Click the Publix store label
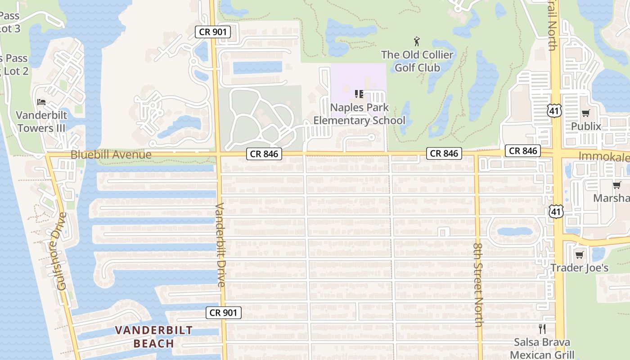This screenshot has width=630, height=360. tap(586, 126)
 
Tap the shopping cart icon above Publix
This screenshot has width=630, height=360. tap(585, 113)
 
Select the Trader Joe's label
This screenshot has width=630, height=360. tap(580, 268)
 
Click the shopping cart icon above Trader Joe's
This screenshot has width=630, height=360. tap(579, 255)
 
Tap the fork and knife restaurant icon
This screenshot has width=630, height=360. tap(542, 329)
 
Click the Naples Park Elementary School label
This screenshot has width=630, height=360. tap(359, 114)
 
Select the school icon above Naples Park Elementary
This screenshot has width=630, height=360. tap(359, 94)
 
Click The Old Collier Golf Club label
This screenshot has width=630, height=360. tap(417, 61)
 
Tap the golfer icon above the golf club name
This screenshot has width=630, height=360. tap(417, 42)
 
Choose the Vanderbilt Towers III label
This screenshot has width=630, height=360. tap(41, 121)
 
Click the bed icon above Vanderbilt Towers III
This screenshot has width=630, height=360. tap(41, 102)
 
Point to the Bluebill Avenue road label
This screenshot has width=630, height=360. tap(111, 155)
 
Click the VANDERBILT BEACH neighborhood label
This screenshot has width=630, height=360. tap(153, 337)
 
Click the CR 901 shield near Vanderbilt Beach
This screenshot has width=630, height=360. tap(224, 313)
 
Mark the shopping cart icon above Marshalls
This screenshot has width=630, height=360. tap(616, 185)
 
